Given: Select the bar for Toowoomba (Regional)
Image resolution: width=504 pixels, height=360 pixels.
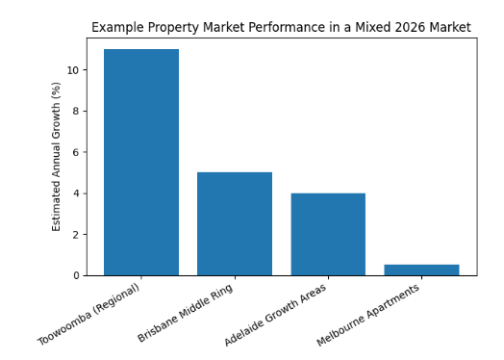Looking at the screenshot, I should tap(141, 162).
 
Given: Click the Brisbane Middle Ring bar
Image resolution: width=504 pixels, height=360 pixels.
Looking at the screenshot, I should tap(235, 223).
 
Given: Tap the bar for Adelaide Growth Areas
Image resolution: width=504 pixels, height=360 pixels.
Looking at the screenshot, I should tap(328, 234).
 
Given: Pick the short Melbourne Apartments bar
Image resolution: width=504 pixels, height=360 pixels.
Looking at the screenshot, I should tap(421, 270).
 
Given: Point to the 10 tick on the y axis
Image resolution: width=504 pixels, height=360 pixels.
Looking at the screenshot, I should tap(74, 70).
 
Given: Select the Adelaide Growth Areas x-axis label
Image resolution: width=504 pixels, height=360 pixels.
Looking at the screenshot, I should tap(277, 314).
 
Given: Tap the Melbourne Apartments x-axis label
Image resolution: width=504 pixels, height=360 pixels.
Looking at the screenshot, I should tap(370, 314).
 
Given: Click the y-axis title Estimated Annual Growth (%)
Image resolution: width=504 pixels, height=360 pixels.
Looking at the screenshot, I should tap(57, 156).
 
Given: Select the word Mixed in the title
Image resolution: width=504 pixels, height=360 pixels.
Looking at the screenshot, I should tap(356, 28).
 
